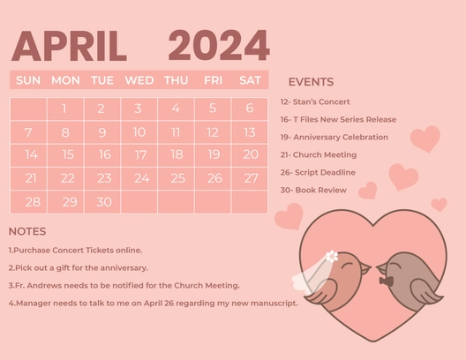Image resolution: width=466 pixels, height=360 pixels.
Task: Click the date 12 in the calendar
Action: click(213, 132)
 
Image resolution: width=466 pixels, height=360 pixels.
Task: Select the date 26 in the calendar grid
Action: click(214, 178)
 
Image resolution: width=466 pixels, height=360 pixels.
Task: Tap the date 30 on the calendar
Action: click(104, 201)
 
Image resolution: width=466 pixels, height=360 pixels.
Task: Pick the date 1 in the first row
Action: click(64, 109)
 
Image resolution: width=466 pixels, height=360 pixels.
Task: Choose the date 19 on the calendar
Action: click(213, 154)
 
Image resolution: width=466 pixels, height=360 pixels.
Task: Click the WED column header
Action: click(139, 80)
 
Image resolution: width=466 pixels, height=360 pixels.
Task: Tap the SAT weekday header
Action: click(250, 80)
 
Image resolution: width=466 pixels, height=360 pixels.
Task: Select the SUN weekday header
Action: click(28, 80)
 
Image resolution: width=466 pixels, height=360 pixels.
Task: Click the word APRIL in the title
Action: click(70, 47)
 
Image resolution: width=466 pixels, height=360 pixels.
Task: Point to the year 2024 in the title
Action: click(218, 46)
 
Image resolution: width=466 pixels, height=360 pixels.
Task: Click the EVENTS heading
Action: click(311, 82)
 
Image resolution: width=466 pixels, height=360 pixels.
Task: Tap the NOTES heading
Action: click(27, 231)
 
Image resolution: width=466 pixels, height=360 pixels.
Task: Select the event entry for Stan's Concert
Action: click(315, 102)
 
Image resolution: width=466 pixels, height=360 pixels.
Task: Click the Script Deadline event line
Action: click(318, 172)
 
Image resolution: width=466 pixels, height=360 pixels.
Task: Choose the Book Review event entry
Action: click(313, 190)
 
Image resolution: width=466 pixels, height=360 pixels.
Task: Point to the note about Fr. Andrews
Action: click(124, 285)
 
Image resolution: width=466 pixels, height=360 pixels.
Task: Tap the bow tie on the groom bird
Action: click(386, 281)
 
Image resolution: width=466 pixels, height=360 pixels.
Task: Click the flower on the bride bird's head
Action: click(332, 257)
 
